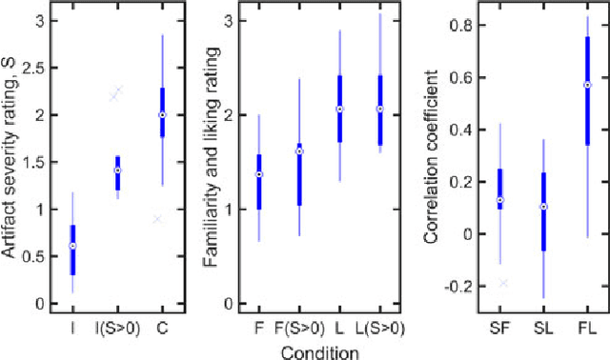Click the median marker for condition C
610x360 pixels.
point(162,114)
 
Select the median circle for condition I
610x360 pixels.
point(73,246)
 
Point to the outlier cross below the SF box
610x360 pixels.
point(504,283)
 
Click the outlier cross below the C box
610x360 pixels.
point(158,219)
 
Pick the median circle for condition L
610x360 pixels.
point(339,109)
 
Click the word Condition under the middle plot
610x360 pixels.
point(319,350)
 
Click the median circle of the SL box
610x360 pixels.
point(543,207)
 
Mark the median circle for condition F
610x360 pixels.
point(258,174)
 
